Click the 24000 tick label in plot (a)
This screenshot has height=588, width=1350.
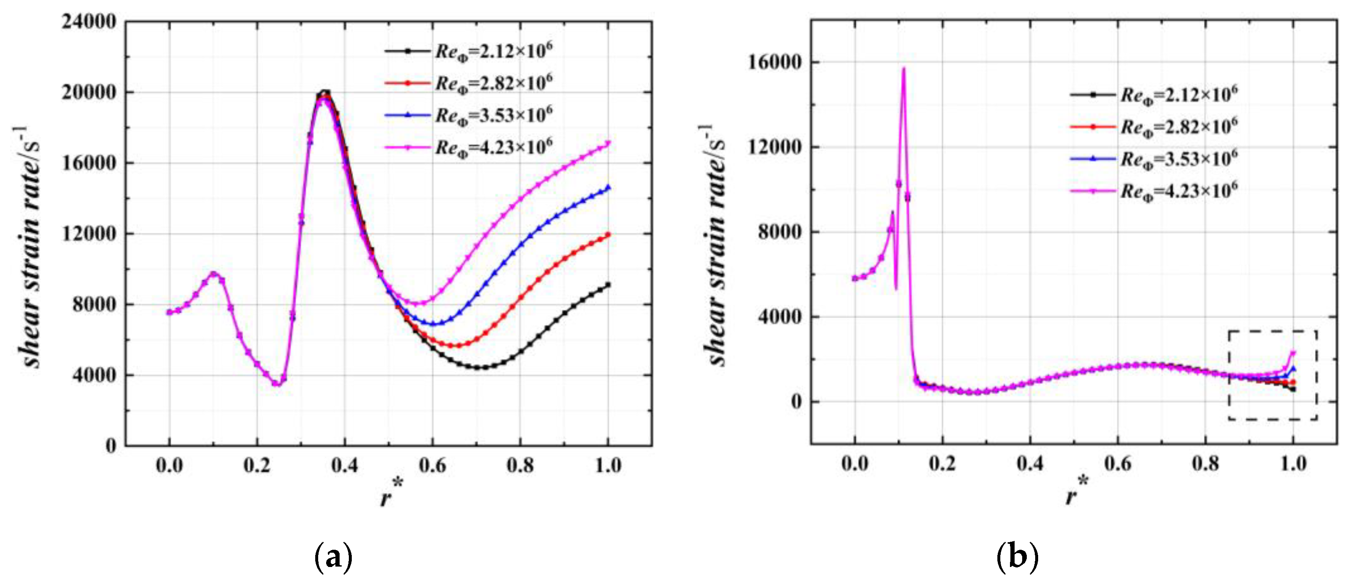click(89, 22)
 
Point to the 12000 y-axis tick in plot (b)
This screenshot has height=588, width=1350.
click(775, 147)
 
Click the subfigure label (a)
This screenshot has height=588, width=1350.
click(333, 557)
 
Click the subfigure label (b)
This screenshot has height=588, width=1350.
click(1017, 557)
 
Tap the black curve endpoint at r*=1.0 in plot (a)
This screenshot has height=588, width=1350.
click(608, 285)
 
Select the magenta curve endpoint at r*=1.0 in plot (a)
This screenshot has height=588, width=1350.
click(608, 142)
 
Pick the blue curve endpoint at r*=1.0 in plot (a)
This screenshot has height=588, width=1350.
click(608, 187)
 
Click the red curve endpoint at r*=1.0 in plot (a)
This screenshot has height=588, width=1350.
click(608, 234)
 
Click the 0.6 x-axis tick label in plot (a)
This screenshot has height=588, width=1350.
click(432, 465)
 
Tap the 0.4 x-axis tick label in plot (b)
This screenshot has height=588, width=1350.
click(1030, 464)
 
